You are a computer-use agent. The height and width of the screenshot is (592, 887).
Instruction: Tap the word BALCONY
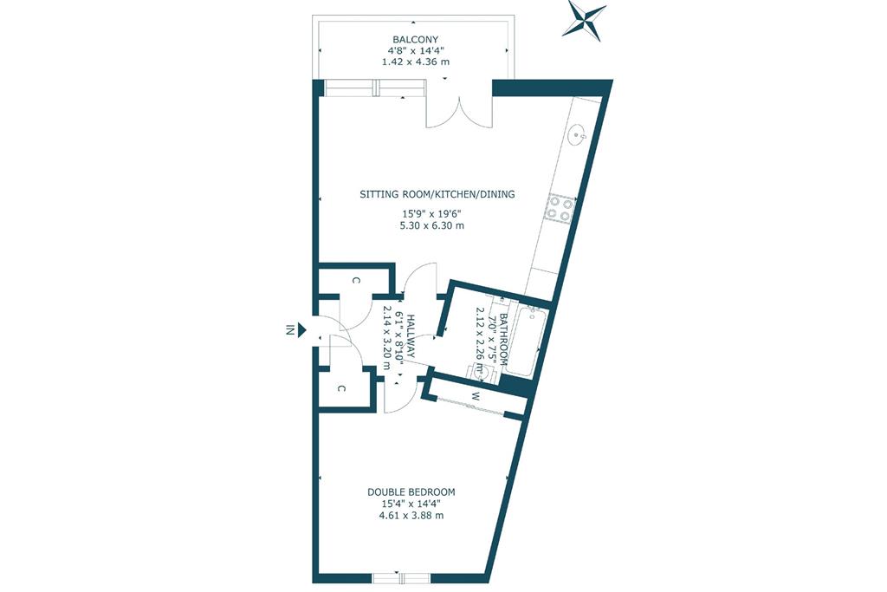416,40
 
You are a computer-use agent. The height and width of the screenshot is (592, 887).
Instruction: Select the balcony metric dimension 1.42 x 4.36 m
416,62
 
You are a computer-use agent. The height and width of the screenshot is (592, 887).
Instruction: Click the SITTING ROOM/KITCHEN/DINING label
437,194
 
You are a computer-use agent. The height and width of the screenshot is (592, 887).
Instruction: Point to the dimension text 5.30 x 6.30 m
431,226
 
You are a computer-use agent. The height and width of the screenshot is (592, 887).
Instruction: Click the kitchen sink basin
578,135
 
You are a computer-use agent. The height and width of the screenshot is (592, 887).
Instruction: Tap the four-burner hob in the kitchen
560,207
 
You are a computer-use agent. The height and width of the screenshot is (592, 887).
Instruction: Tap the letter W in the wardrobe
476,396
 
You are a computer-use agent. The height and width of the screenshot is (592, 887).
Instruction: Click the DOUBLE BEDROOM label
411,492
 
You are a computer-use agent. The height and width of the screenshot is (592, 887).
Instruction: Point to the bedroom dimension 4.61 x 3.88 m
411,516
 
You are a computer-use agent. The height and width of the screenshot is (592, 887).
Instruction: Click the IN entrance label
289,329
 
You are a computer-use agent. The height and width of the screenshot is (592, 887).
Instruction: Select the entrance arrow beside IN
302,329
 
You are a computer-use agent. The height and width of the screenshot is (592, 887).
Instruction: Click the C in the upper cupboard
356,281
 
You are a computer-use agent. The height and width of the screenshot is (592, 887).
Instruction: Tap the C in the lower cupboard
341,389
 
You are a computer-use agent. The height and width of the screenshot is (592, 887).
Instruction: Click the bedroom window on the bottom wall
402,578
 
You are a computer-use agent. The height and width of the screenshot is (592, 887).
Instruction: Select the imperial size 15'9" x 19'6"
431,214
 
